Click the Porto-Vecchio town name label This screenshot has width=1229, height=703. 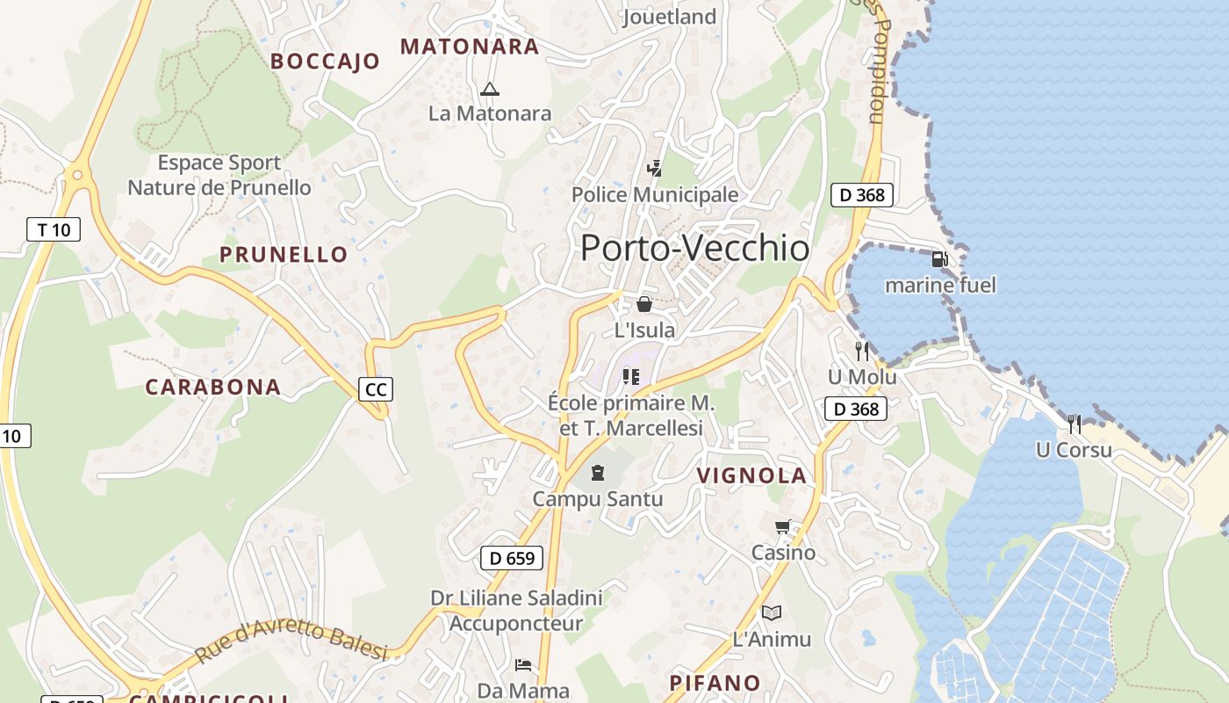[x=694, y=249]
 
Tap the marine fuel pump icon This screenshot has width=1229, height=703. [x=939, y=259]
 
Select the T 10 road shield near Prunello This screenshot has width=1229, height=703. [x=53, y=230]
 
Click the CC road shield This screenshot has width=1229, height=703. [x=376, y=389]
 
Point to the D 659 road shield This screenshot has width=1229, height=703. [x=512, y=558]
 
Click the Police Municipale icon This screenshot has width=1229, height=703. [x=654, y=169]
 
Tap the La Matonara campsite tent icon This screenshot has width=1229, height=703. [x=490, y=89]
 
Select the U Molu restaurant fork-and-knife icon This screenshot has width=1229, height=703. [x=862, y=351]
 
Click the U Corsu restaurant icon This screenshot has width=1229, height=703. [x=1074, y=424]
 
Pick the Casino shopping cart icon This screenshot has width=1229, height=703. [x=782, y=527]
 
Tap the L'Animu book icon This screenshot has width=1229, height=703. [x=772, y=612]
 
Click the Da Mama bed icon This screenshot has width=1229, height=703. [x=523, y=664]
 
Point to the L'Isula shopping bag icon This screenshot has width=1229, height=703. [x=644, y=304]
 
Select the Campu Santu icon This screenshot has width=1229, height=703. [x=598, y=473]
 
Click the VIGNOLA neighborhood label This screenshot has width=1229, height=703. [x=751, y=475]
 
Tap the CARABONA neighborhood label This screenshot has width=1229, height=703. [x=212, y=387]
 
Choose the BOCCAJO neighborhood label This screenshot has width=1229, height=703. [x=325, y=61]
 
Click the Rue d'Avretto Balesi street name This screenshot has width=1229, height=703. [x=291, y=642]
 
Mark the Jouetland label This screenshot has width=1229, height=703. [x=669, y=17]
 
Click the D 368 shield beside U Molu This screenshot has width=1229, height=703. [x=856, y=409]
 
